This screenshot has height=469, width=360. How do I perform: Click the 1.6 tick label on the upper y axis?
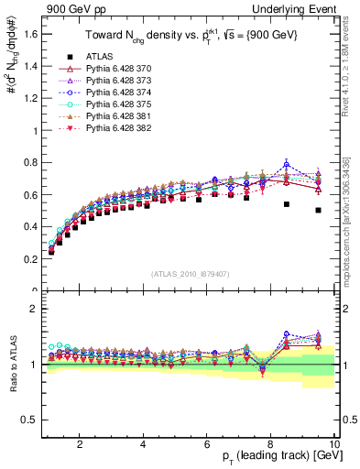click(29, 35)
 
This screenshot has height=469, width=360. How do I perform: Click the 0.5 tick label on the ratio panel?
click(29, 420)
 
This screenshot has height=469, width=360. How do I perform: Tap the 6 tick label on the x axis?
click(207, 444)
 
